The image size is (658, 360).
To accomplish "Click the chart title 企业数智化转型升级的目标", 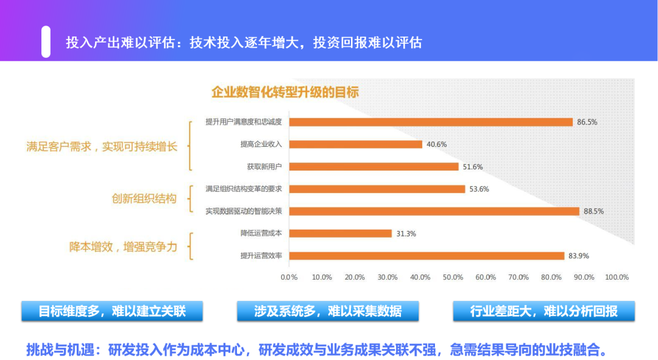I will [285, 93].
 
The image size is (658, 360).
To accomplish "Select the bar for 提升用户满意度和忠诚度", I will [431, 122].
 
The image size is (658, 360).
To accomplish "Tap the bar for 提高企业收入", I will [355, 144].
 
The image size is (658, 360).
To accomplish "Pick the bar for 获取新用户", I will [373, 166].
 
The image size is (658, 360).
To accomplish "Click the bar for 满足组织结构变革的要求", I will [377, 189].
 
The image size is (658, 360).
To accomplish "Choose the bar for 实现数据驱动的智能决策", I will [434, 211].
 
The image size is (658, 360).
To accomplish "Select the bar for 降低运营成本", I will [340, 233].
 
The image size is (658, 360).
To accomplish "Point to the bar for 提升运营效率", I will [426, 256].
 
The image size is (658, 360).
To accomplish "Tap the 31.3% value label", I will [406, 233].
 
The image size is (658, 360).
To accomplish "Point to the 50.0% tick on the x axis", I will [453, 277].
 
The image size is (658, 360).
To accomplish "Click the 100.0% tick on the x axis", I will [617, 277].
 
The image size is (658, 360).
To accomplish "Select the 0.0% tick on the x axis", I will [289, 277].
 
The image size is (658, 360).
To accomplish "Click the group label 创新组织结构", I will [144, 199].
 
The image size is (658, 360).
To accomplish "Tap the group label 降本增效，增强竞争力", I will [123, 247].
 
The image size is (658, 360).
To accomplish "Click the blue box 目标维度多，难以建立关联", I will [112, 311].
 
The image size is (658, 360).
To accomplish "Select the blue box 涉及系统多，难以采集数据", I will [328, 311].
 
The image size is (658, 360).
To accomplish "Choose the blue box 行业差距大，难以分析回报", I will [543, 311].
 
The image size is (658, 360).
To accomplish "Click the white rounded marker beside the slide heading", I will [46, 42].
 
